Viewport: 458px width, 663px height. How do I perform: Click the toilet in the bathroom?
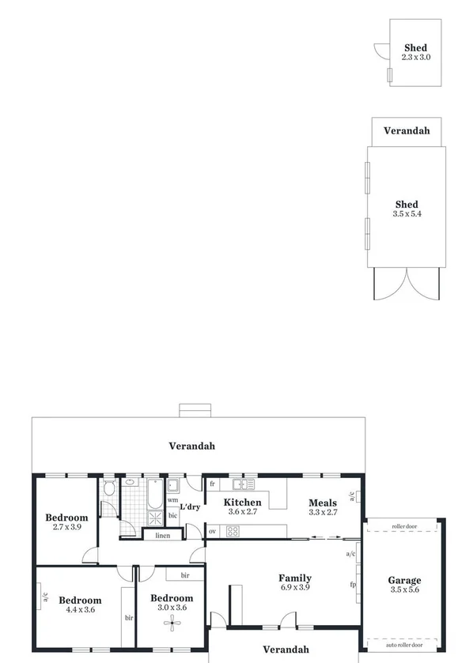tap(109, 488)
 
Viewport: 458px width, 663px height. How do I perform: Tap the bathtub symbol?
tap(153, 494)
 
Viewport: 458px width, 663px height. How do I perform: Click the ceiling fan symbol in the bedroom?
tap(171, 623)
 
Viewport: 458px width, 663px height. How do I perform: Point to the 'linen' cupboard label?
tap(162, 536)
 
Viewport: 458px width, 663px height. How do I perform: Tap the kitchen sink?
tap(241, 484)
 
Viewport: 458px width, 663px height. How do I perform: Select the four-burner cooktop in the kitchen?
tap(233, 531)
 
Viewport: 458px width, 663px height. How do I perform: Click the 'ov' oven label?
tap(212, 531)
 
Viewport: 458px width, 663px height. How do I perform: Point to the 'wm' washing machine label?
tap(172, 500)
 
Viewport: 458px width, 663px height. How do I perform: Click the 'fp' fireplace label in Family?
tap(354, 585)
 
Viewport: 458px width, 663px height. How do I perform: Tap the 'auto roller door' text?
tap(403, 644)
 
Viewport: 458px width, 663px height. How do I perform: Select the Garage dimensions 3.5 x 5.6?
tap(404, 590)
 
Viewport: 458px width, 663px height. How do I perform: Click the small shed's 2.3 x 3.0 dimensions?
tap(415, 58)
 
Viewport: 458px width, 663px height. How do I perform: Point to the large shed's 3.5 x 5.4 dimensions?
tap(407, 214)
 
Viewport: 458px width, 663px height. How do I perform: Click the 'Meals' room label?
tap(323, 503)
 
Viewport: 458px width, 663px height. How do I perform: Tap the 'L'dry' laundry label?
tap(189, 507)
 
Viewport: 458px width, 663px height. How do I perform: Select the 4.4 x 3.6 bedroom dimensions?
tap(80, 609)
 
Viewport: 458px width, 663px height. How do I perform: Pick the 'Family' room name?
tap(294, 578)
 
